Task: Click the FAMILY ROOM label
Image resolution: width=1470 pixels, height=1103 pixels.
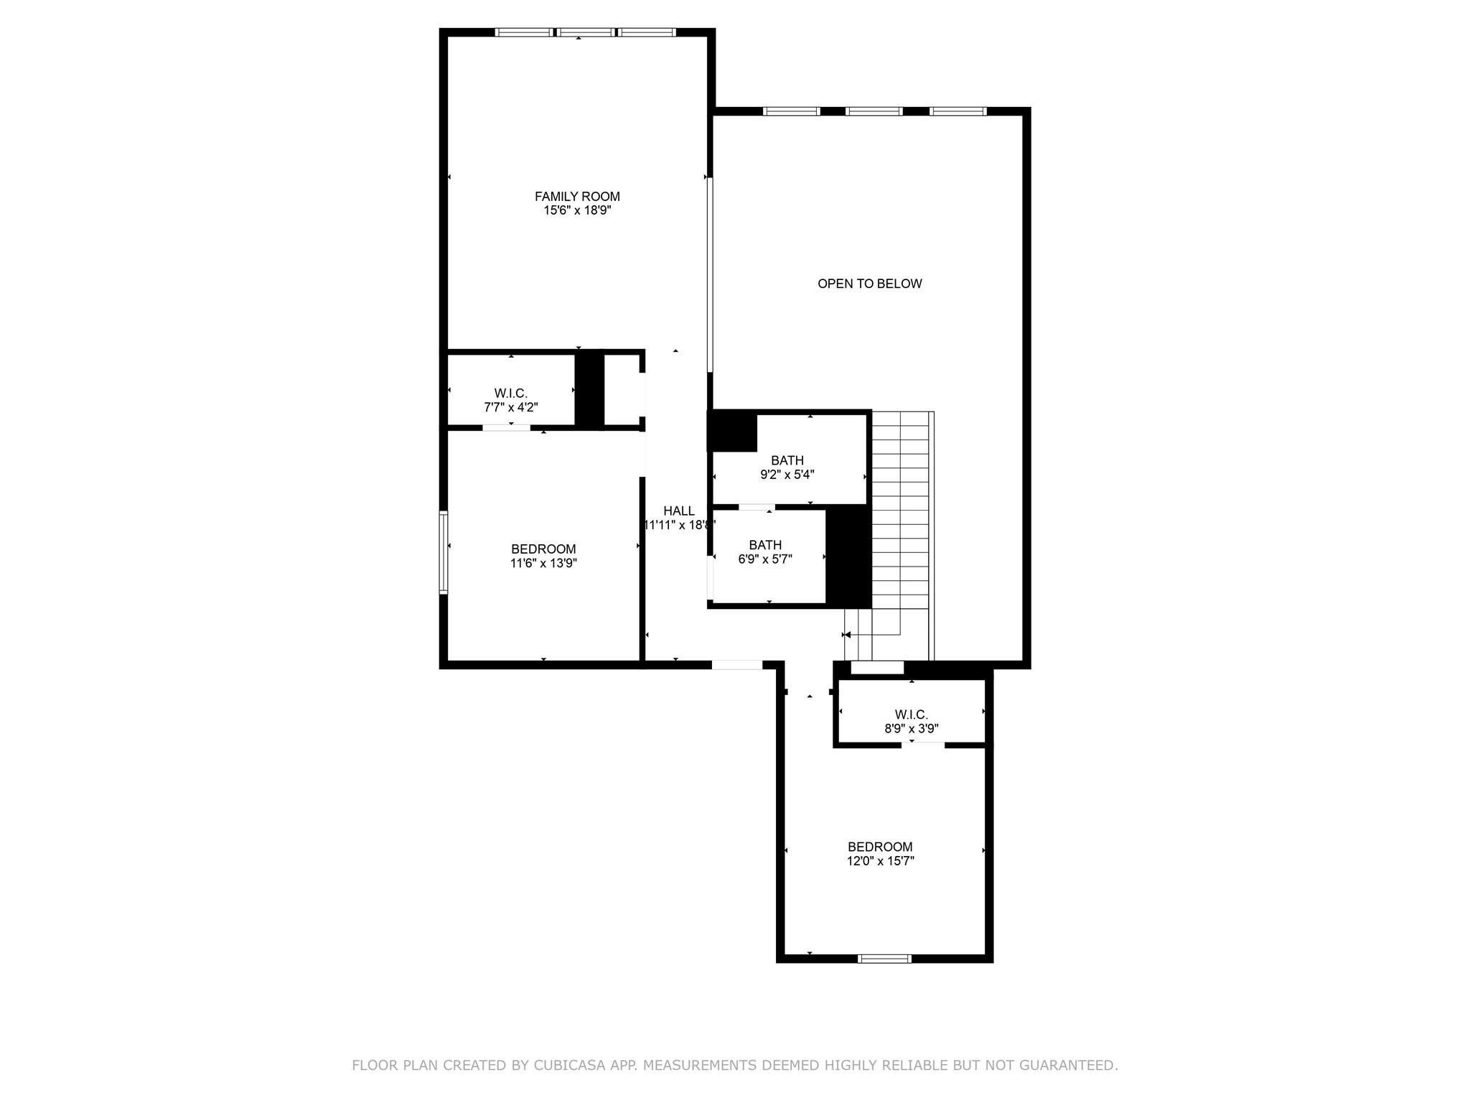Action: pos(577,196)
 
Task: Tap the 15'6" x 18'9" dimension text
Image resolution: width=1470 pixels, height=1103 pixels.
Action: pos(577,210)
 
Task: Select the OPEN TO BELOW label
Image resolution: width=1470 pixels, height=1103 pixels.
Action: pos(869,284)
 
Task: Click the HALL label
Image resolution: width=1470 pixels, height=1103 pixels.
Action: pos(678,511)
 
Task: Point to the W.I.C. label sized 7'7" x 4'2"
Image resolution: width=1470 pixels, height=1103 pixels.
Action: pos(510,394)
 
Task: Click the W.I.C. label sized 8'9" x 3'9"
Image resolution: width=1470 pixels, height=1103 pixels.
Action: pos(911,715)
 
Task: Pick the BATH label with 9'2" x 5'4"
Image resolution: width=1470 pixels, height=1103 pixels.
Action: pos(787,460)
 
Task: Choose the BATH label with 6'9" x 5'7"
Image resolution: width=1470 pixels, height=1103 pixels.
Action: pos(764,545)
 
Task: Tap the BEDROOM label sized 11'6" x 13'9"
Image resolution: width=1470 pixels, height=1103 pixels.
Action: pos(543,549)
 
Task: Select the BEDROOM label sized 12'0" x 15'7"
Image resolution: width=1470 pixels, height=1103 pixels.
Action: pos(880,847)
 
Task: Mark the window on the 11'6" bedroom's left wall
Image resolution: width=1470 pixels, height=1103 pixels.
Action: pos(444,552)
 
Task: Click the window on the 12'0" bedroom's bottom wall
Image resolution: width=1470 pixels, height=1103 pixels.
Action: pos(884,958)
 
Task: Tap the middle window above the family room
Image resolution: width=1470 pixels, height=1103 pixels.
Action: pos(586,32)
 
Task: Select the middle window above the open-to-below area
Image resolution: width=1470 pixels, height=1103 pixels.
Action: pos(874,111)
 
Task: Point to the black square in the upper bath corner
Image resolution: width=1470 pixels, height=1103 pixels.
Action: pos(732,432)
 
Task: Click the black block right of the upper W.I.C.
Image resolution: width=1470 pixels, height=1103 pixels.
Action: pos(590,390)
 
